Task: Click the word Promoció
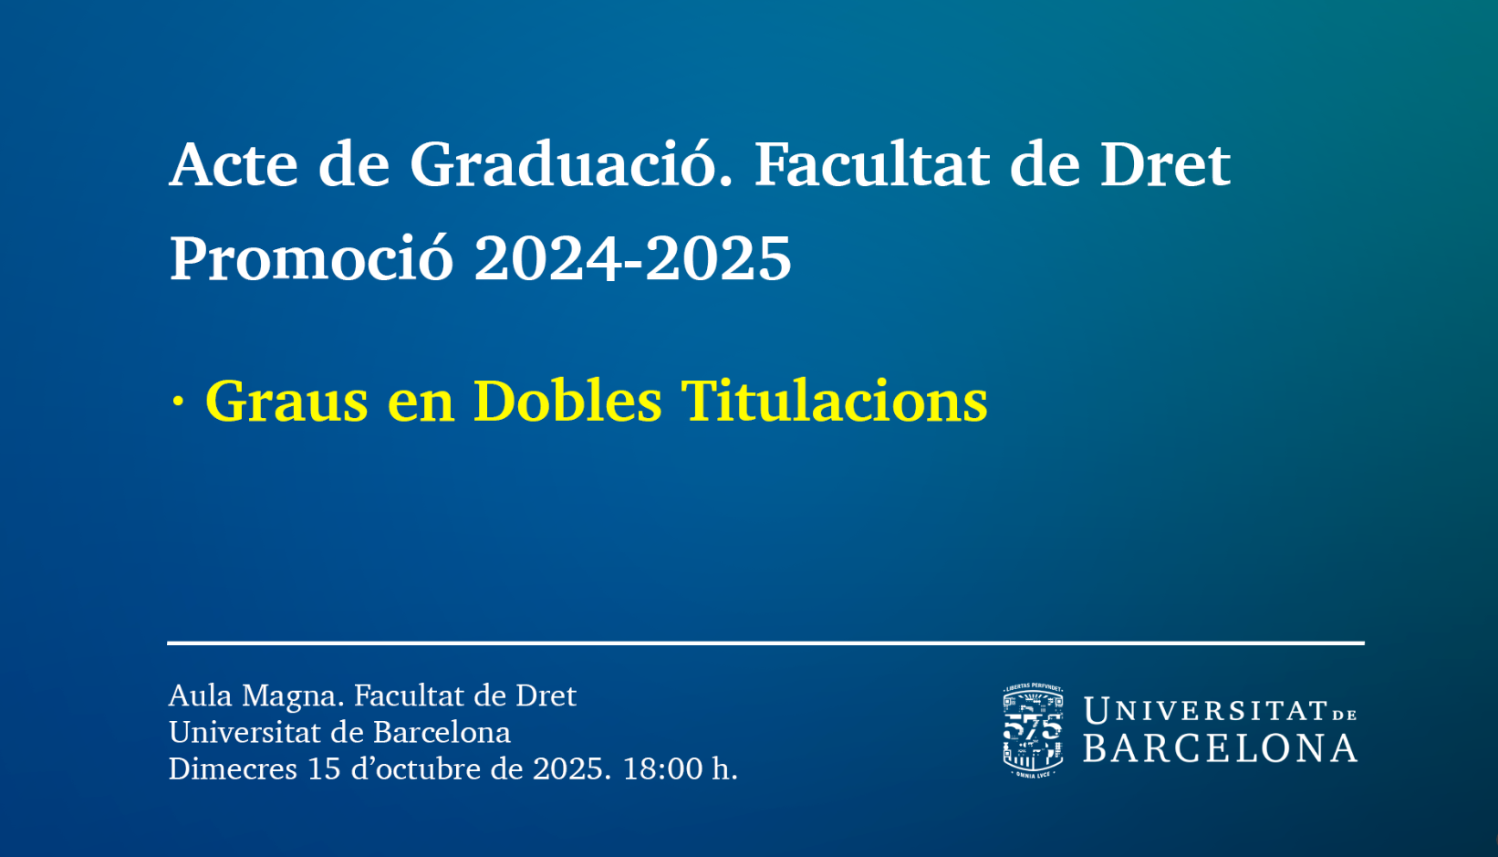(312, 258)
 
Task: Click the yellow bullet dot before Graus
(178, 402)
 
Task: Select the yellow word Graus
(286, 401)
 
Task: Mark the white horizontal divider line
(765, 643)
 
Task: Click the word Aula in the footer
(201, 695)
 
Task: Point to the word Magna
(293, 698)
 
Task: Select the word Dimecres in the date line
(233, 768)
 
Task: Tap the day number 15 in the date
(325, 768)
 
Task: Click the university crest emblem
(1034, 730)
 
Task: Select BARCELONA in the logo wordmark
(1221, 748)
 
